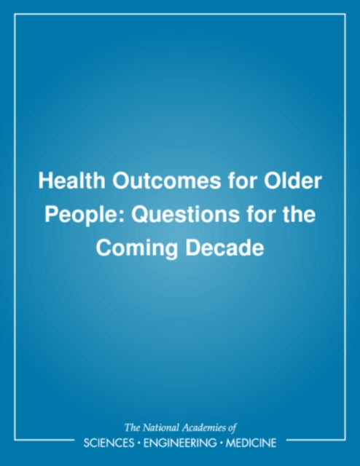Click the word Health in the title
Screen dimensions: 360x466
pyautogui.click(x=71, y=181)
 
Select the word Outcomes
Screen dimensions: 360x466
pyautogui.click(x=167, y=181)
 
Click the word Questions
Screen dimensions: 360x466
pyautogui.click(x=186, y=215)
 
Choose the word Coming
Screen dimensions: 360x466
pyautogui.click(x=137, y=248)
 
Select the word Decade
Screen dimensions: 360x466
pyautogui.click(x=225, y=248)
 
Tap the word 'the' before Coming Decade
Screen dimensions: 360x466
pyautogui.click(x=299, y=215)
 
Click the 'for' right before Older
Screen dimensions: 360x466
pyautogui.click(x=243, y=181)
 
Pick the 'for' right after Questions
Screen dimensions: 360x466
pyautogui.click(x=261, y=215)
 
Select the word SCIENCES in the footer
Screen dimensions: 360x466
pyautogui.click(x=109, y=443)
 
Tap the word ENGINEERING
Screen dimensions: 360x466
pyautogui.click(x=180, y=443)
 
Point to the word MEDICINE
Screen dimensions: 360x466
pyautogui.click(x=251, y=443)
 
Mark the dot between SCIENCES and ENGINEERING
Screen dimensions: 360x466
pyautogui.click(x=139, y=443)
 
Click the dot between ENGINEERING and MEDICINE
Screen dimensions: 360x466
pyautogui.click(x=221, y=443)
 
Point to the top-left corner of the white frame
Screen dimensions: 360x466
pyautogui.click(x=15, y=14)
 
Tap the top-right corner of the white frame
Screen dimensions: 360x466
pyautogui.click(x=345, y=14)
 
